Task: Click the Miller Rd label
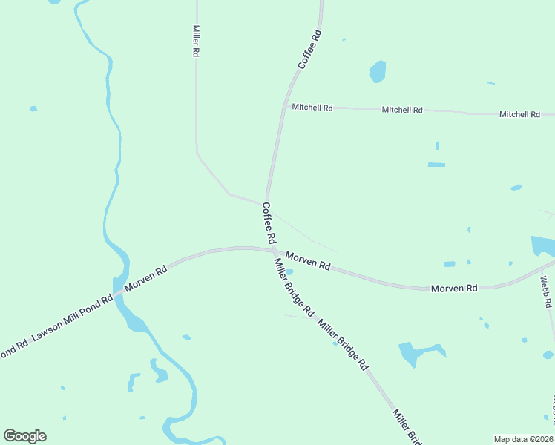pyautogui.click(x=196, y=42)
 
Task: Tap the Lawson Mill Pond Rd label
pyautogui.click(x=72, y=320)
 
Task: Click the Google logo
pyautogui.click(x=24, y=436)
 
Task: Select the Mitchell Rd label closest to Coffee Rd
pyautogui.click(x=312, y=107)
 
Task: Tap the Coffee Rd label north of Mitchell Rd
pyautogui.click(x=310, y=50)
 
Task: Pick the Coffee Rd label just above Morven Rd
pyautogui.click(x=269, y=224)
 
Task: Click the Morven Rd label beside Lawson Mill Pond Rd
pyautogui.click(x=145, y=278)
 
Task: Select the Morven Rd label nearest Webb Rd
pyautogui.click(x=454, y=288)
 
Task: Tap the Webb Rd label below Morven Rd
pyautogui.click(x=545, y=292)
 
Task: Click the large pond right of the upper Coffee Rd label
pyautogui.click(x=378, y=72)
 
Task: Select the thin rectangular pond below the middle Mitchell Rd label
pyautogui.click(x=436, y=165)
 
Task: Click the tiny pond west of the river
pyautogui.click(x=33, y=109)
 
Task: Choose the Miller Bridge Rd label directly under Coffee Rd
pyautogui.click(x=294, y=286)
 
